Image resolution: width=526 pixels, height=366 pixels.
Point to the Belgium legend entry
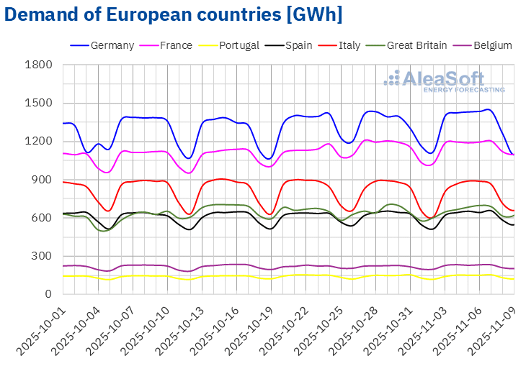(x=490, y=45)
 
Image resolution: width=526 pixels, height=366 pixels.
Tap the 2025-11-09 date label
(x=498, y=327)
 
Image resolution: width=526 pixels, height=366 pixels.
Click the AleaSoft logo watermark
(x=444, y=81)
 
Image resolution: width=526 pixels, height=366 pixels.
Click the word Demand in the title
(x=40, y=14)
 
